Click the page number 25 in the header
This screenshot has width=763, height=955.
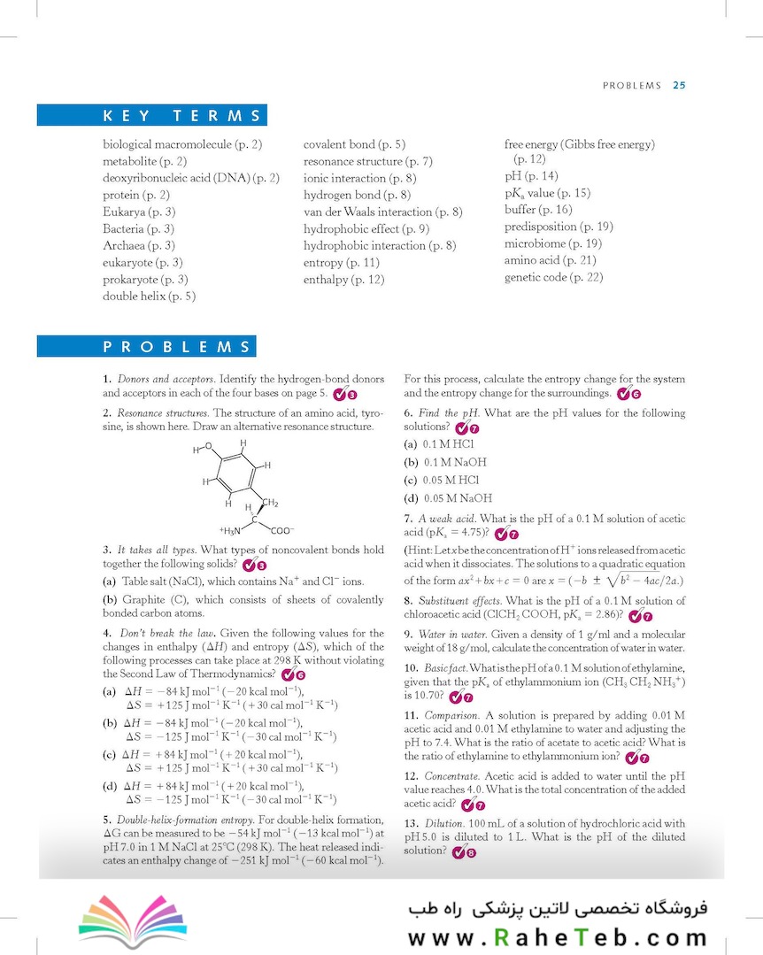coord(679,86)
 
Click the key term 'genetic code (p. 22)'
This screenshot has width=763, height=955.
coord(553,277)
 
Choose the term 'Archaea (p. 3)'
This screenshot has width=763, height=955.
coord(139,245)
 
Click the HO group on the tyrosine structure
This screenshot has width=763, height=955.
coord(203,449)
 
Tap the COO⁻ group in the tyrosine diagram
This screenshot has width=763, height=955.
coord(282,531)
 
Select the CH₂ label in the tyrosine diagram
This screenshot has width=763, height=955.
coord(271,504)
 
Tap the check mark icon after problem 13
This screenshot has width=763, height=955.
coord(458,852)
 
